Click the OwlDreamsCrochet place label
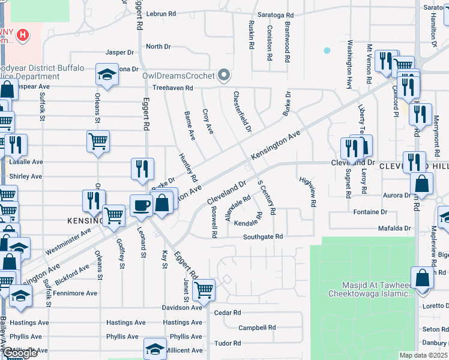tap(178, 76)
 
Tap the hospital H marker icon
tap(22, 35)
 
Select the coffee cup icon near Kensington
tap(141, 205)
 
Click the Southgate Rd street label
tap(262, 237)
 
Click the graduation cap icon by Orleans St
tap(106, 75)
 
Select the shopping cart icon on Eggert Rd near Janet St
tap(204, 290)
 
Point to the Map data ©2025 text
tap(423, 355)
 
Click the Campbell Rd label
tap(256, 328)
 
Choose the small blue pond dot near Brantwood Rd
tap(327, 50)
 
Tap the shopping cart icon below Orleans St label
tap(98, 142)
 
